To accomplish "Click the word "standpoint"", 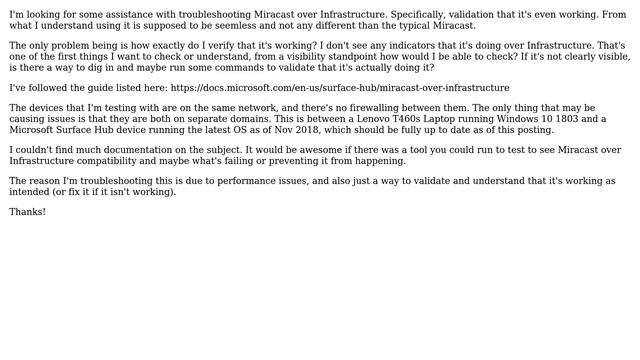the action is click(x=333, y=57).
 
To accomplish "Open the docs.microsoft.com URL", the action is click(x=340, y=88).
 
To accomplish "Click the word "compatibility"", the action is click(x=112, y=161).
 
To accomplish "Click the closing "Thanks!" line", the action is click(x=28, y=212).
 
